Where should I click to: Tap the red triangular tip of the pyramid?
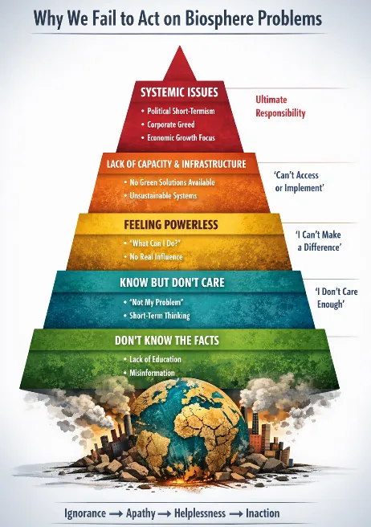tap(180, 64)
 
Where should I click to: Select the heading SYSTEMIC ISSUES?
tap(179, 92)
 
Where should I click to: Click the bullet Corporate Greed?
tap(171, 125)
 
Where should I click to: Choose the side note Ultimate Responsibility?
tap(280, 106)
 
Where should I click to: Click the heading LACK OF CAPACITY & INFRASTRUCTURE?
tap(177, 164)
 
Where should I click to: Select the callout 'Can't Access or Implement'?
tap(299, 182)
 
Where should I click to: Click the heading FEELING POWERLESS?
tap(171, 224)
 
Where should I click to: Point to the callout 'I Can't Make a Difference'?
tap(319, 241)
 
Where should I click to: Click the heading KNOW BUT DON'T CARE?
tap(172, 282)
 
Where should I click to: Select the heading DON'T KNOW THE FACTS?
tap(167, 340)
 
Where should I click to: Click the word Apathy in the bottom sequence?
tap(141, 513)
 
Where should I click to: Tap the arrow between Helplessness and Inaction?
tap(236, 514)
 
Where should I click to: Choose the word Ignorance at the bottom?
tap(85, 513)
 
